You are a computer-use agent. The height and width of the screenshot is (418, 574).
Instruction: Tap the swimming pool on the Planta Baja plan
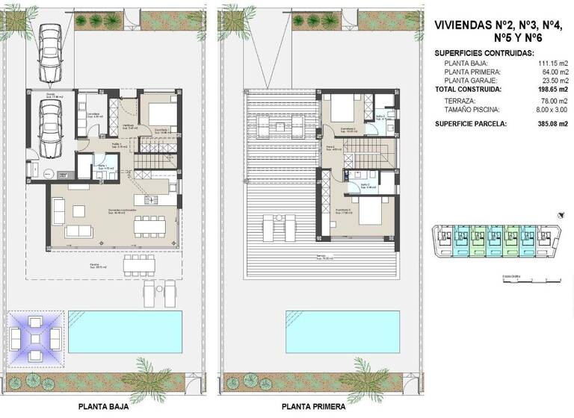click(x=126, y=332)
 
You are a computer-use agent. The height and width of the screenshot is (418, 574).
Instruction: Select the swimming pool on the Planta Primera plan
click(x=342, y=332)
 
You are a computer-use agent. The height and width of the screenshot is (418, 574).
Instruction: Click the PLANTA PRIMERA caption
click(x=313, y=407)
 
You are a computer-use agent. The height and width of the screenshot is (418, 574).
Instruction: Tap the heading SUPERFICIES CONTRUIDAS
click(x=484, y=54)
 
